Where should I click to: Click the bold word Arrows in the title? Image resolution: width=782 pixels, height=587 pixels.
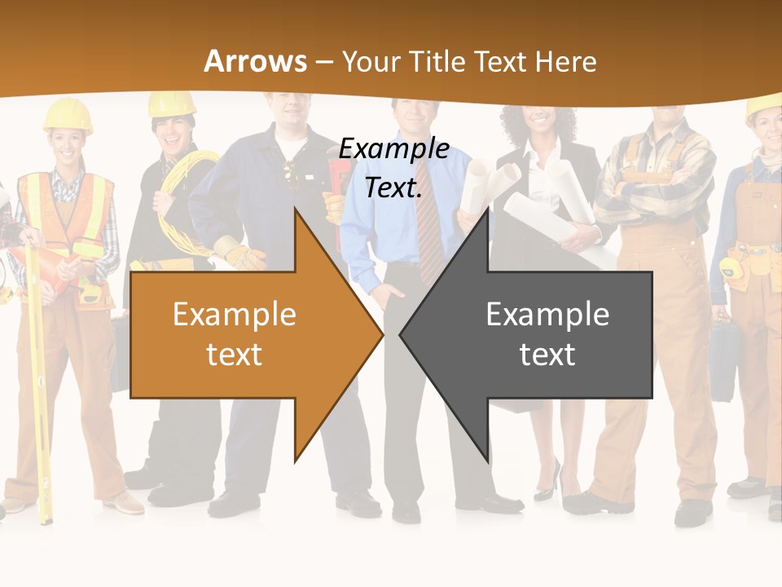256,61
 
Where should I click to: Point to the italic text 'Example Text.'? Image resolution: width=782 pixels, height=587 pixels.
394,168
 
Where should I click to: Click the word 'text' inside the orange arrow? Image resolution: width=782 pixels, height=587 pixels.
234,355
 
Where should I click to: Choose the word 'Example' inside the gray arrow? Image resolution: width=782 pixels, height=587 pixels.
547,315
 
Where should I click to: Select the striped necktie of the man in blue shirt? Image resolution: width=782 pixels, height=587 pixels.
427,232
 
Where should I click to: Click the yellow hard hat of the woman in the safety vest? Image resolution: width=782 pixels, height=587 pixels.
68,114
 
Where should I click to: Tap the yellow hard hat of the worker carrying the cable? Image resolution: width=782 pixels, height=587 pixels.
172,103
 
